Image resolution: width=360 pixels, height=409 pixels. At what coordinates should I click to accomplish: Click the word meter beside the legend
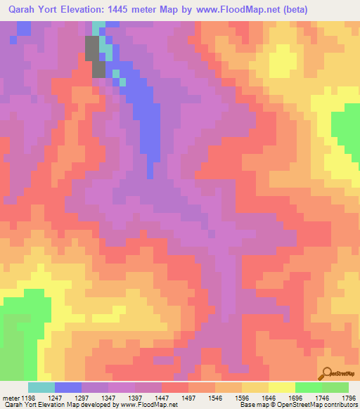(x=8, y=398)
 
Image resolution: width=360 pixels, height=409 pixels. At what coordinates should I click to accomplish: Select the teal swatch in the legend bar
(x=41, y=387)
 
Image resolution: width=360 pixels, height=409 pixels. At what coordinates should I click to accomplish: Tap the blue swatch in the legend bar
(x=68, y=387)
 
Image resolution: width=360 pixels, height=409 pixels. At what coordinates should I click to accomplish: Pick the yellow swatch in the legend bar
(x=281, y=387)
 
